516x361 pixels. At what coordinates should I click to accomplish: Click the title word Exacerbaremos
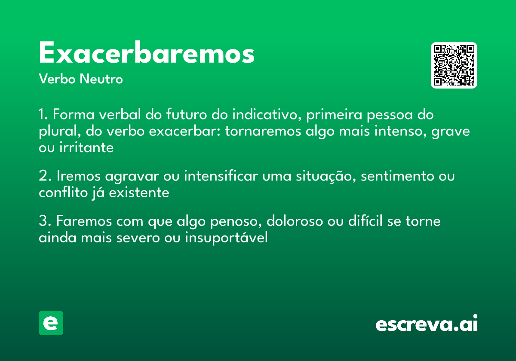coord(147,54)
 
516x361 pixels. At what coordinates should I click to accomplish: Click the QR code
coord(454,65)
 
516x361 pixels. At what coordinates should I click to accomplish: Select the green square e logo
coord(51,323)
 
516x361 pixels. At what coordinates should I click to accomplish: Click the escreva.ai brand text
coord(427,324)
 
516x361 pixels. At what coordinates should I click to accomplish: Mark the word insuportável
coord(226,238)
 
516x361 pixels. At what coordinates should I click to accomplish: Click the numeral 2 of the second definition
coord(42,177)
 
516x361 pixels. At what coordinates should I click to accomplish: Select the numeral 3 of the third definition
coord(42,222)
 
